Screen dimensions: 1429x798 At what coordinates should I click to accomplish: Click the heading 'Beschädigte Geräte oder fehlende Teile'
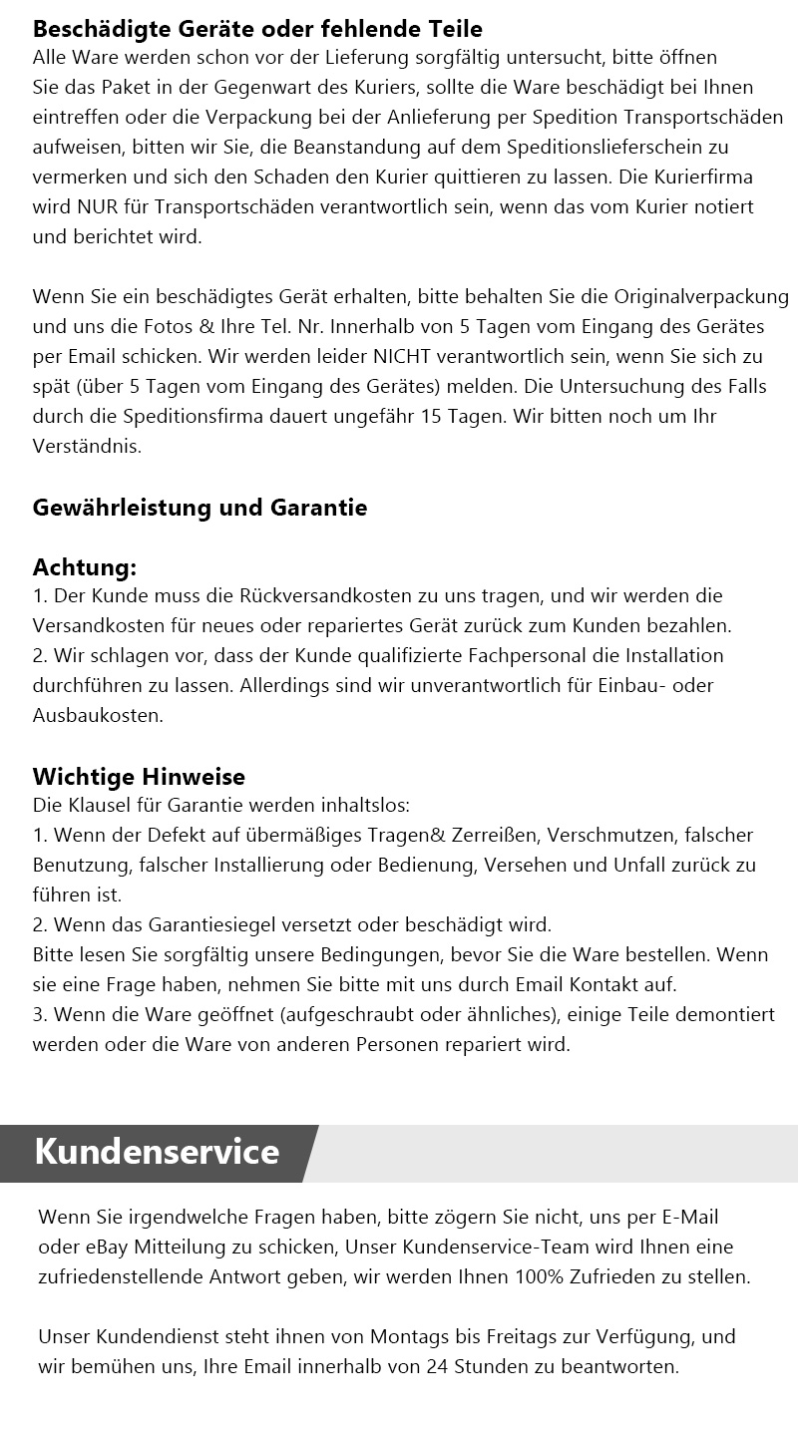coord(257,29)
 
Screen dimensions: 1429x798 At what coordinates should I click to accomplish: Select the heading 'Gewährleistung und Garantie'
coord(199,508)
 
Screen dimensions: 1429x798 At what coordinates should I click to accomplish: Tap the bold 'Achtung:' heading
coord(85,567)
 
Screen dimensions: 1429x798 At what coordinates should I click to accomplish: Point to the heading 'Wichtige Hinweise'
coord(139,776)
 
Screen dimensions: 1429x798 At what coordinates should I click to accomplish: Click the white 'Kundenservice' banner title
coord(157,1152)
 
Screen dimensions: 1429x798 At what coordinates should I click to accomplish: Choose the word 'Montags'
coord(407,1336)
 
